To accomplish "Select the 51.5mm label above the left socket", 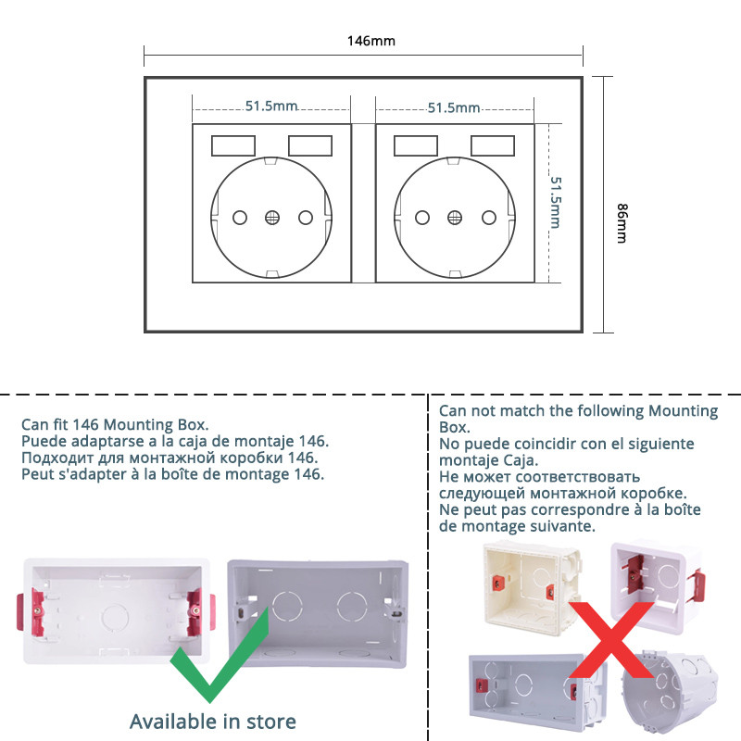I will pyautogui.click(x=271, y=107).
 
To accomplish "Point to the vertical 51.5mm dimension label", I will pyautogui.click(x=557, y=202).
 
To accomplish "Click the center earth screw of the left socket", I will pyautogui.click(x=272, y=218).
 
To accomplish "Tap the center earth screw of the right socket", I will pyautogui.click(x=454, y=218).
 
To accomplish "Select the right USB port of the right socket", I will pyautogui.click(x=493, y=146).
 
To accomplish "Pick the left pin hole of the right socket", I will pyautogui.click(x=422, y=218).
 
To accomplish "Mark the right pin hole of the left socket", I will pyautogui.click(x=305, y=218).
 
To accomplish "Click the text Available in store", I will pyautogui.click(x=212, y=721).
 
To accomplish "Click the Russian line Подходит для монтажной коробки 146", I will pyautogui.click(x=170, y=458).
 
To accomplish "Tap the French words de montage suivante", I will pyautogui.click(x=517, y=526).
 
